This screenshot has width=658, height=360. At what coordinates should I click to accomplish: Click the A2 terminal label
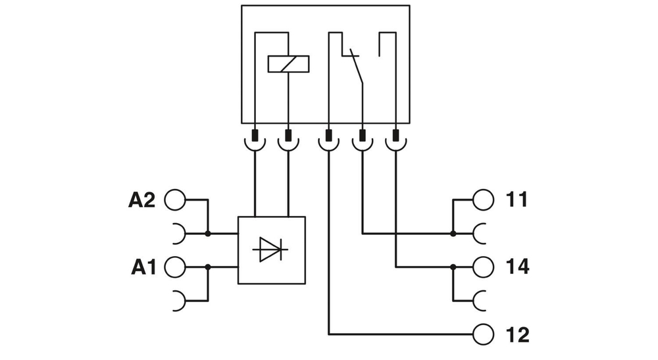(141, 199)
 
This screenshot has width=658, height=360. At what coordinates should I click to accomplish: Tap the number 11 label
(517, 199)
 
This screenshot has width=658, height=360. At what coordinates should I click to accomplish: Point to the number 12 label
(518, 334)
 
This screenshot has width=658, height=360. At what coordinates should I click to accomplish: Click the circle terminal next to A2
(174, 199)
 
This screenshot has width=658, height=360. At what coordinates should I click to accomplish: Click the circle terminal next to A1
(174, 267)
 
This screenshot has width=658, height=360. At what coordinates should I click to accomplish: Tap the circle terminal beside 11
(482, 199)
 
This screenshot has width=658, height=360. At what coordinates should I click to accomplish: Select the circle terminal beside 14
(482, 267)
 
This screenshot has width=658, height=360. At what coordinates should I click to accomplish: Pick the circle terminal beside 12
(482, 334)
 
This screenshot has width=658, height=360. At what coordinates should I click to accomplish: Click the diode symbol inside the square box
(271, 250)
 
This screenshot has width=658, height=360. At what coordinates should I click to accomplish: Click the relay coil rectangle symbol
(288, 64)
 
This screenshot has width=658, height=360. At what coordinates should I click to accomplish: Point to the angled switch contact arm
(356, 67)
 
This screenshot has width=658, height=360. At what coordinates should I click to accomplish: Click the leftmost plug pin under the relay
(255, 138)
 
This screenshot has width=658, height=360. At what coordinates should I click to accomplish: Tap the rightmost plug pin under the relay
(395, 138)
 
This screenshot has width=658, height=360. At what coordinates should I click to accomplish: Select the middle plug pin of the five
(328, 138)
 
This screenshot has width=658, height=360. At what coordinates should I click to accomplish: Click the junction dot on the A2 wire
(208, 233)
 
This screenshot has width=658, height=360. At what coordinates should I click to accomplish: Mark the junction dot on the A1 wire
(208, 267)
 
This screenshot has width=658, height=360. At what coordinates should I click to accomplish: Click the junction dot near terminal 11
(453, 233)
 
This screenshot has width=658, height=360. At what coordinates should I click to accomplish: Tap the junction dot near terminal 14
(453, 267)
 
